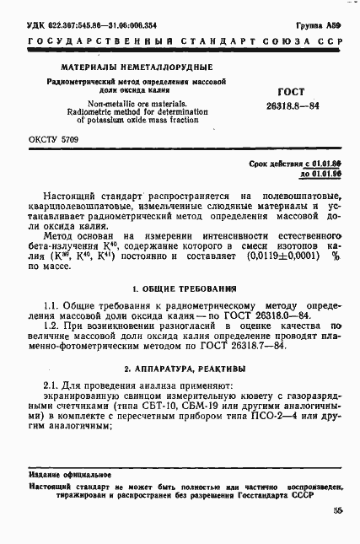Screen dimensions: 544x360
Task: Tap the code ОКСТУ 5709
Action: point(52,139)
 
